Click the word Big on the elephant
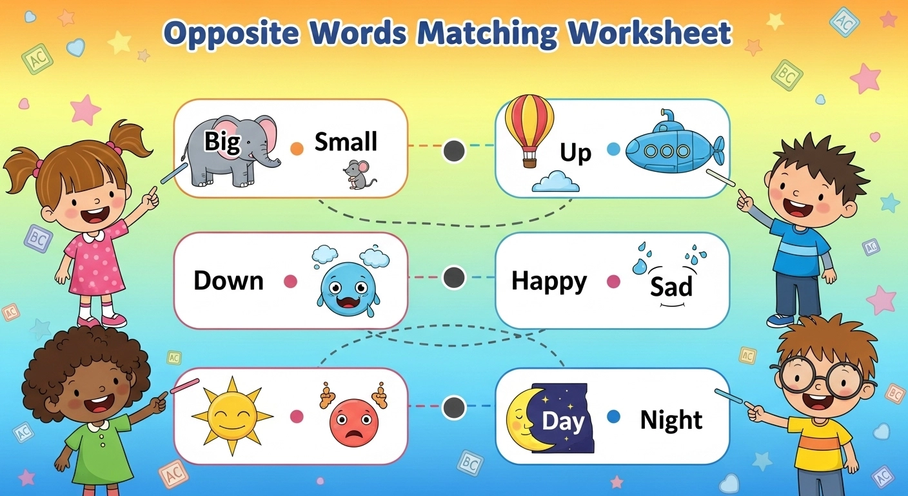(x=222, y=141)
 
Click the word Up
(x=575, y=153)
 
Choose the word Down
(x=228, y=281)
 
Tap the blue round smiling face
(x=348, y=285)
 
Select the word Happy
(x=549, y=282)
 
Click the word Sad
(x=671, y=286)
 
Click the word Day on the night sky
(x=562, y=421)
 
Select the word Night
(x=671, y=420)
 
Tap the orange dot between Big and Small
(x=297, y=149)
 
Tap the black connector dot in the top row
(x=454, y=151)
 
